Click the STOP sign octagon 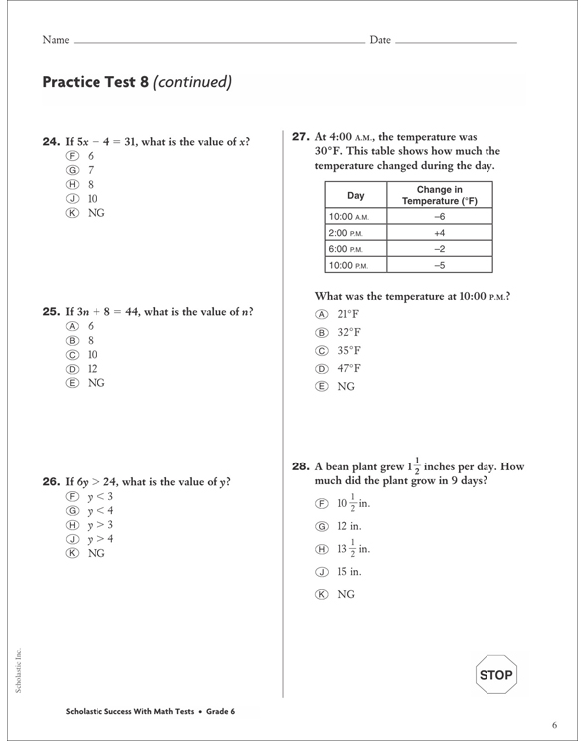[x=496, y=676]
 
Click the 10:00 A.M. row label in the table [x=348, y=216]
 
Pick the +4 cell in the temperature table [x=439, y=232]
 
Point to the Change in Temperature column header [x=439, y=195]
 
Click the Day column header [x=355, y=195]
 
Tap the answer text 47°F [x=349, y=368]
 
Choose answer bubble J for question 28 [x=321, y=571]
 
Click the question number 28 [x=299, y=465]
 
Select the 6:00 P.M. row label [x=348, y=248]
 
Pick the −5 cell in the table [x=439, y=264]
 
